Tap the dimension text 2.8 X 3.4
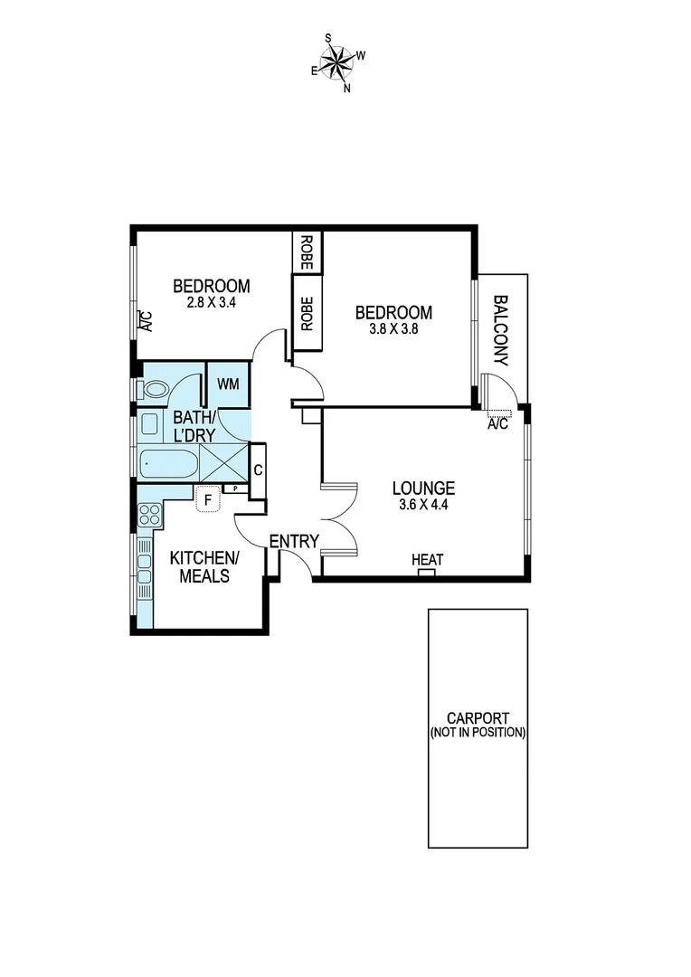point(211,304)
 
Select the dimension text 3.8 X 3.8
point(393,330)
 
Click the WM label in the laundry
point(228,384)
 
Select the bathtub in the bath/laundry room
point(168,464)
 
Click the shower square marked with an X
point(222,463)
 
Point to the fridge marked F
point(208,498)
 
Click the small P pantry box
point(235,488)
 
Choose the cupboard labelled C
point(258,470)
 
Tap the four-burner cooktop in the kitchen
point(148,516)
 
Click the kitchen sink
point(145,566)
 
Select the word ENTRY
point(294,542)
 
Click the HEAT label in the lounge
point(428,561)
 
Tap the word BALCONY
point(501,330)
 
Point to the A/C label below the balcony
point(498,423)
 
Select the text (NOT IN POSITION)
point(478,733)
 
